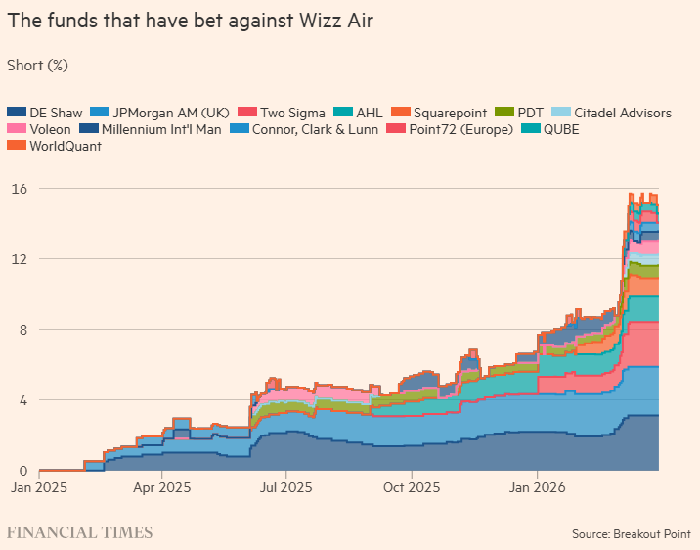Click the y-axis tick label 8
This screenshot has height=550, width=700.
(x=22, y=329)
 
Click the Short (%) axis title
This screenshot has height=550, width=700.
(x=37, y=66)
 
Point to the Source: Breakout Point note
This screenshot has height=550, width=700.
(x=631, y=534)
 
